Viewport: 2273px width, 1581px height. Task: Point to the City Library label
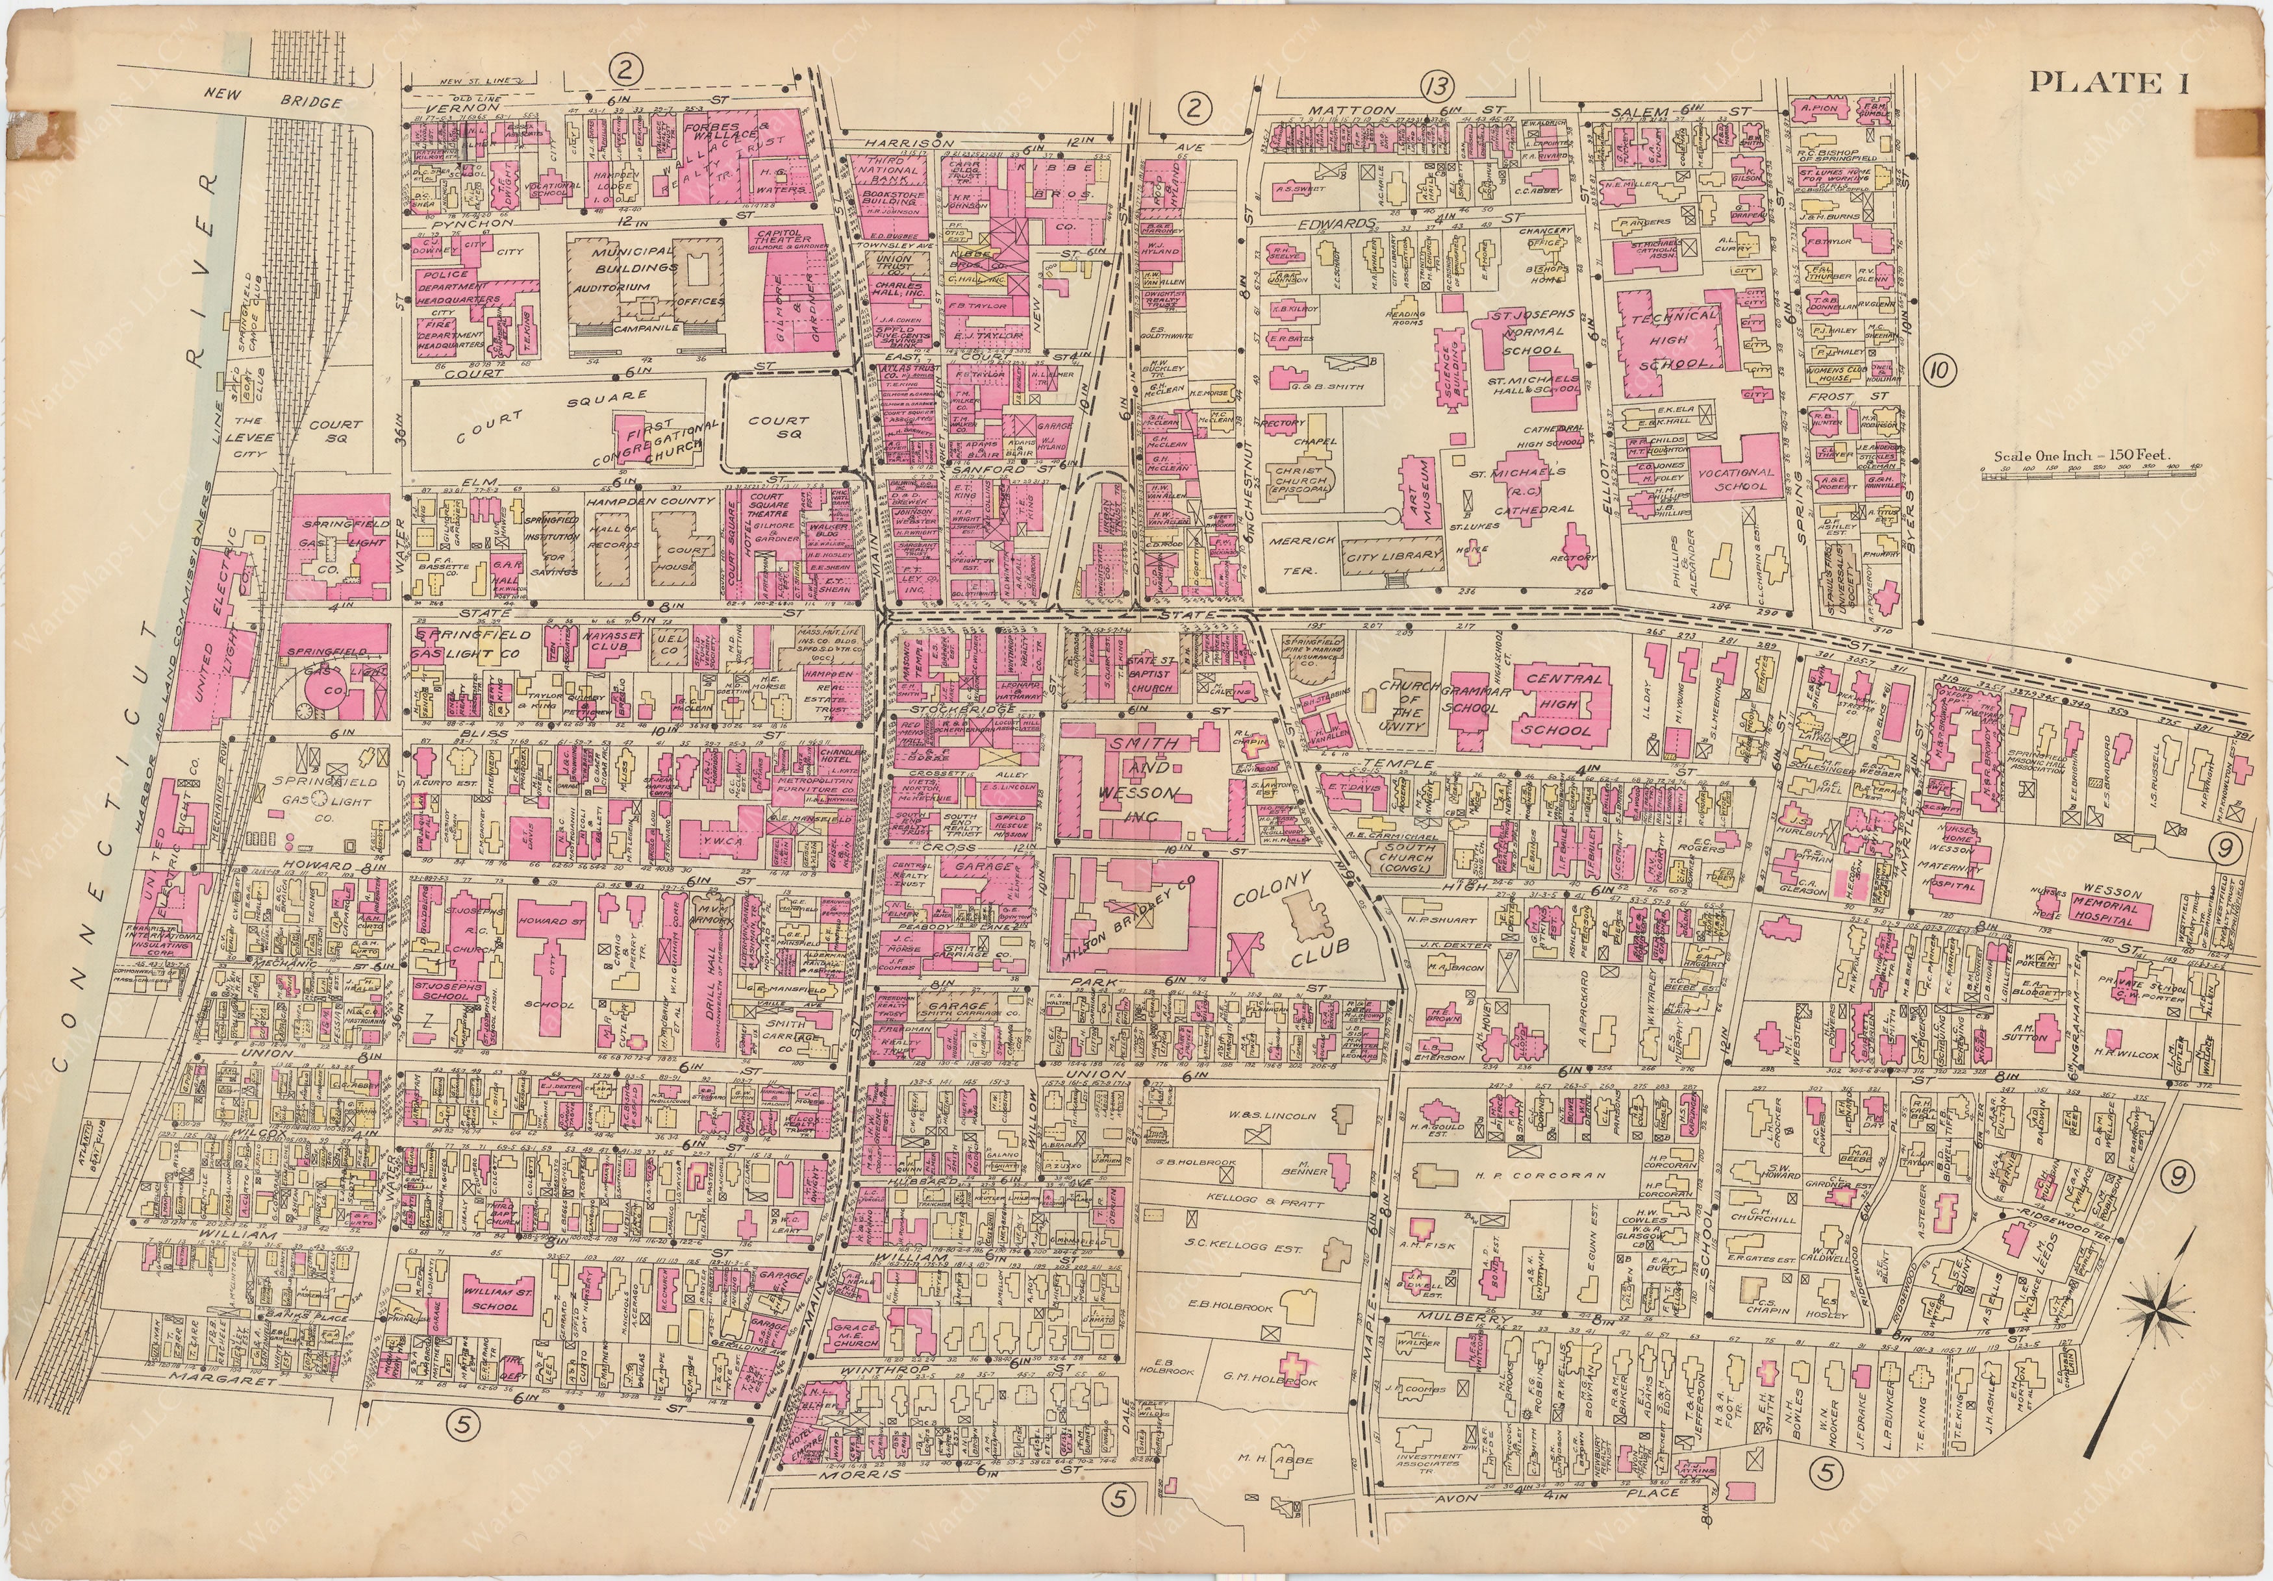pos(1394,556)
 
